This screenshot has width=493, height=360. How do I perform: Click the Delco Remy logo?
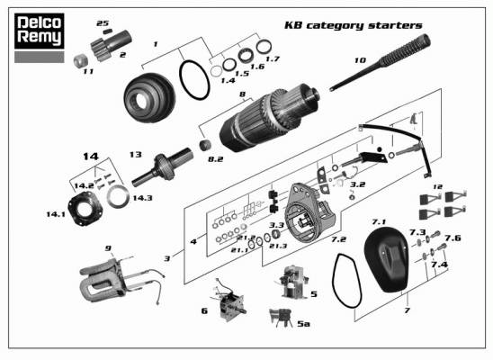coord(40,31)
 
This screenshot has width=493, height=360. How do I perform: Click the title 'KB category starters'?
coord(353,25)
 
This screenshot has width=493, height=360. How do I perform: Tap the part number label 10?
coord(361,60)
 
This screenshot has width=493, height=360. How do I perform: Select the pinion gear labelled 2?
coord(111,45)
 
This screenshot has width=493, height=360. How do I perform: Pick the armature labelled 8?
coord(269,117)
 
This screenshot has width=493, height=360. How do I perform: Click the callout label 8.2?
coord(215,159)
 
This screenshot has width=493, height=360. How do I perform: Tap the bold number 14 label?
coord(91,157)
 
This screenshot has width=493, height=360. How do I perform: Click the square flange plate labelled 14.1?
coord(85,208)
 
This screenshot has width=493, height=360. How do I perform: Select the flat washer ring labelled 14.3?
coord(118,197)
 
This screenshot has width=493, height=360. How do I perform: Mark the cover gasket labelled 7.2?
coord(348,281)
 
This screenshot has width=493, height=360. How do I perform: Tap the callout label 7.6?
coord(453,238)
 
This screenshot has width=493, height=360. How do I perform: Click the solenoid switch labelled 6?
coord(230,301)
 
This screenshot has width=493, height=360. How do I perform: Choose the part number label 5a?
coord(304,323)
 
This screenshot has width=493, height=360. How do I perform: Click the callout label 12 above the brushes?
coord(437,187)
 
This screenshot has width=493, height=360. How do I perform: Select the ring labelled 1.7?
coord(264,47)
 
